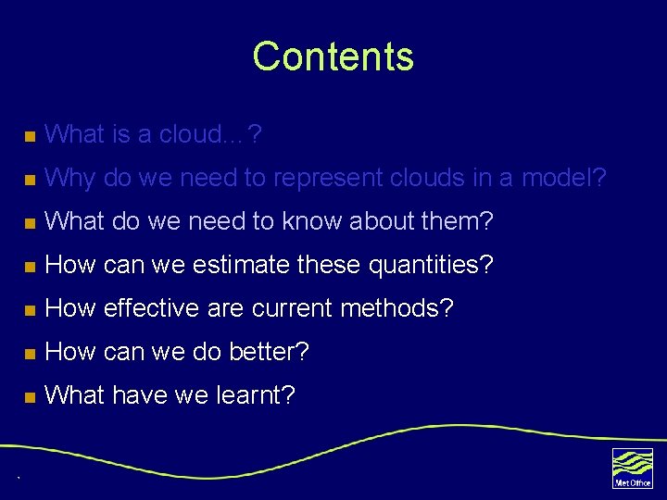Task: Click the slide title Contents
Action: click(x=333, y=56)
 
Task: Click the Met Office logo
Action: click(x=632, y=468)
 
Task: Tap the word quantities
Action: click(x=431, y=266)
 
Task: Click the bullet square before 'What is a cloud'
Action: click(x=30, y=136)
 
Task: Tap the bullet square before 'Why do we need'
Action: click(x=30, y=179)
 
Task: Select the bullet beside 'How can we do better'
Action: click(x=30, y=354)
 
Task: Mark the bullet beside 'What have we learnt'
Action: click(x=30, y=397)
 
